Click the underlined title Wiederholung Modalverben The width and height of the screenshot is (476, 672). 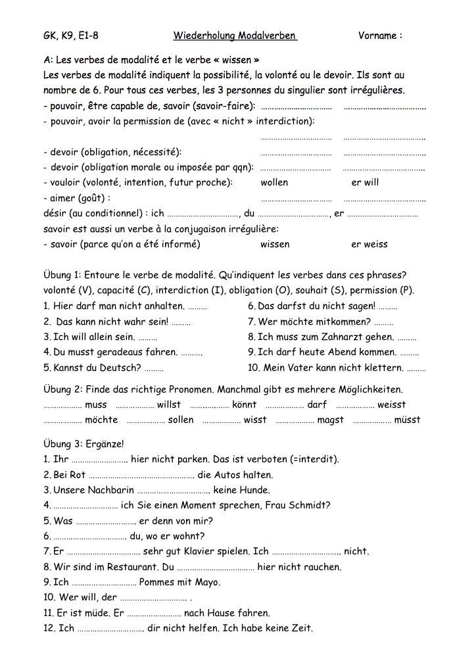click(235, 36)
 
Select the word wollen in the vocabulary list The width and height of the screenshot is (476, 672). click(274, 183)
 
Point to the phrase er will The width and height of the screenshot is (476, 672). click(365, 183)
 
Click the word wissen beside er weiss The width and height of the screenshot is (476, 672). click(275, 244)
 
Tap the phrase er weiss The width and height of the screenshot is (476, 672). click(369, 244)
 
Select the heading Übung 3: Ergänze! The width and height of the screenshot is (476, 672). click(83, 444)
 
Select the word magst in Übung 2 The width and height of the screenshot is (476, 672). click(330, 420)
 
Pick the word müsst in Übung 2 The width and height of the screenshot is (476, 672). click(407, 420)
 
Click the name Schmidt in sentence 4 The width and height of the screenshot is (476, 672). click(308, 505)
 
